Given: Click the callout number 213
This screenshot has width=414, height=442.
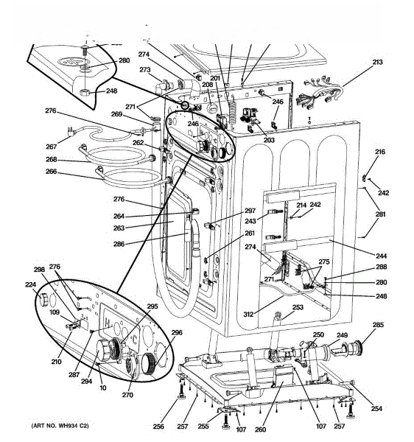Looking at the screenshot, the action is point(377,62).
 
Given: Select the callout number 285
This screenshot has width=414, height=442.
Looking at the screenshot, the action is point(378,325).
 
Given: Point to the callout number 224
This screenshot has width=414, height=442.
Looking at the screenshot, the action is point(30,284).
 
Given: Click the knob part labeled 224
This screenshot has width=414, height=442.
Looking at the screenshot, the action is point(43,300).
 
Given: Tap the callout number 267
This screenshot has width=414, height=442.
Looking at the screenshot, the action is point(51,147).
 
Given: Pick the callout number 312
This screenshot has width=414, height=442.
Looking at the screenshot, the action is point(248,314).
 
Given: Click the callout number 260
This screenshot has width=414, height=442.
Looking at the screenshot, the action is point(260,429).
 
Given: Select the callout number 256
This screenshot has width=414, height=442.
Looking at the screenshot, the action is point(158,427).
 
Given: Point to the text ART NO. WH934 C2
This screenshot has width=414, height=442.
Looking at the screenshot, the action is point(60,426).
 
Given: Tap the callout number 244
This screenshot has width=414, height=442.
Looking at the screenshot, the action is point(381,256).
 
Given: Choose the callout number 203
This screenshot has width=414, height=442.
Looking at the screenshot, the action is point(269,140).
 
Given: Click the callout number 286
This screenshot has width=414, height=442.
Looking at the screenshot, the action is point(119,244).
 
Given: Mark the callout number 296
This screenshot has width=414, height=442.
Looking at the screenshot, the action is point(177,333).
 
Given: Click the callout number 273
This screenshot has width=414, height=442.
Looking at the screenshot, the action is point(145,70).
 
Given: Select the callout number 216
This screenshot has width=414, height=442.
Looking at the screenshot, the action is point(380,152).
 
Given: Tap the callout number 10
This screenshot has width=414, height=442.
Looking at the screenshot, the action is point(103,388).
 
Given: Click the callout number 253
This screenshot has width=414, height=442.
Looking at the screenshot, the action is point(298,307).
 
